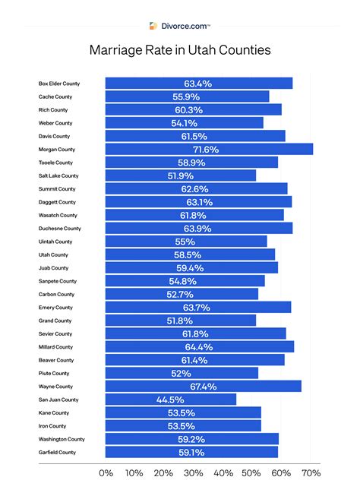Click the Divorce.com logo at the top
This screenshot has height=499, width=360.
click(x=179, y=25)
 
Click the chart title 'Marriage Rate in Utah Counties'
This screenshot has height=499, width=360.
click(x=180, y=52)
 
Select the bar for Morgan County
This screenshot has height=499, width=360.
click(x=209, y=149)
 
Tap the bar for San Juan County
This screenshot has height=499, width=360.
click(x=170, y=400)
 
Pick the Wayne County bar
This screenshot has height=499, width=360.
click(x=203, y=386)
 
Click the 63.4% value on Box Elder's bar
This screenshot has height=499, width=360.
click(x=198, y=84)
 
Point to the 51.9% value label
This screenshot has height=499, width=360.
click(x=181, y=175)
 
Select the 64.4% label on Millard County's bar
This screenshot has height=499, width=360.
click(x=199, y=346)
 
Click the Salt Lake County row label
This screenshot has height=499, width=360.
click(x=58, y=175)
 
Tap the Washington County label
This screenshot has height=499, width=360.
click(x=62, y=439)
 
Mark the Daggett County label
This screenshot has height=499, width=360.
click(x=57, y=202)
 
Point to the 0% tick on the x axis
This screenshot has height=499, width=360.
click(x=106, y=472)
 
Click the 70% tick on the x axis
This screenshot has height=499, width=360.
click(x=311, y=472)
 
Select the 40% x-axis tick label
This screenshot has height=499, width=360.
click(x=223, y=472)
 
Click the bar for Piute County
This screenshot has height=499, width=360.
click(x=182, y=373)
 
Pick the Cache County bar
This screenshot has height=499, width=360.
click(x=187, y=96)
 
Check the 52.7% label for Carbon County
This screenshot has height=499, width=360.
click(x=181, y=294)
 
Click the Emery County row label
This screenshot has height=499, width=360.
click(x=55, y=308)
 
